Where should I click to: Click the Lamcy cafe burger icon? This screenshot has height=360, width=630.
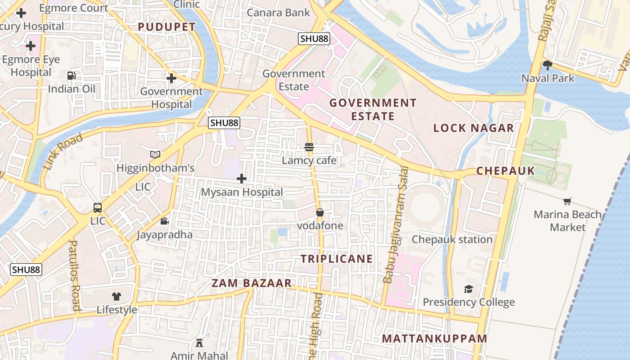click(x=309, y=147)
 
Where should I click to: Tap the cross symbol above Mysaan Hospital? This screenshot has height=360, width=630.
click(x=242, y=179)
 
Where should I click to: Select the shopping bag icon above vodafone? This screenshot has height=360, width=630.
click(x=320, y=212)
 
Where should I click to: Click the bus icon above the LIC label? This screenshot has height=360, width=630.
click(x=98, y=208)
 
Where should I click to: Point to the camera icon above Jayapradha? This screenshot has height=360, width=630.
click(x=165, y=221)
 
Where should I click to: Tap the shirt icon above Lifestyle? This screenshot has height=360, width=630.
click(x=117, y=296)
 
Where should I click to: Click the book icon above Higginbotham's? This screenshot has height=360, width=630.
click(x=155, y=155)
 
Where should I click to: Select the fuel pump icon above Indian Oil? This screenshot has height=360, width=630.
click(x=72, y=76)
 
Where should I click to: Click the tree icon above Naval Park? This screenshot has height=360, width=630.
click(x=547, y=65)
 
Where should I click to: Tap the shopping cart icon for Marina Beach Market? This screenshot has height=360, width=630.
click(x=567, y=201)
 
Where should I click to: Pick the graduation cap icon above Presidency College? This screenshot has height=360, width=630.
click(x=469, y=289)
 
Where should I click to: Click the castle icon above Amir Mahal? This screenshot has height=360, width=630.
click(x=199, y=343)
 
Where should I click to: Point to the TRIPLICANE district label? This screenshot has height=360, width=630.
click(x=337, y=259)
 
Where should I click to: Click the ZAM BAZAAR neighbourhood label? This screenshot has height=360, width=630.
click(x=252, y=283)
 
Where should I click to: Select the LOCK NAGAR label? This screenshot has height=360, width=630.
click(x=473, y=128)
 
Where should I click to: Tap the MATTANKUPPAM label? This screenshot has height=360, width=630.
click(x=434, y=338)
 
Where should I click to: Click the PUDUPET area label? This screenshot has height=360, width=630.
click(x=167, y=27)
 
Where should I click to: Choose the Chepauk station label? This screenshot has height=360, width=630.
click(x=452, y=239)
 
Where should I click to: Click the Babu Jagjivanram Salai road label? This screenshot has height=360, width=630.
click(x=395, y=225)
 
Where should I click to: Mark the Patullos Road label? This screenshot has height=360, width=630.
click(x=74, y=275)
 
